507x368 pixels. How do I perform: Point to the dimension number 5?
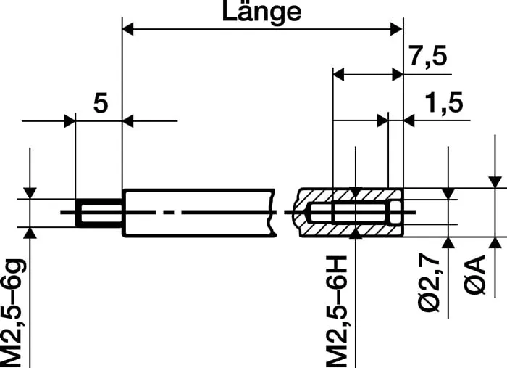(101, 104)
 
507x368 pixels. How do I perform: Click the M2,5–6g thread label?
(14, 311)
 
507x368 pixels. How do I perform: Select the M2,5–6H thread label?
(338, 311)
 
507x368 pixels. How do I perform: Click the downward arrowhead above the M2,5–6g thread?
(30, 192)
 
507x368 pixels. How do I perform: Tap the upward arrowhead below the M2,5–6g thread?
(30, 233)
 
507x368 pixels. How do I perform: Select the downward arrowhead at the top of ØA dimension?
(496, 181)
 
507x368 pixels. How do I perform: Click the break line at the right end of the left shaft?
(275, 213)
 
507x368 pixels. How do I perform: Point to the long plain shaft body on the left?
(196, 213)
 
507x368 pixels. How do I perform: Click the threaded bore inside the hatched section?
(355, 213)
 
